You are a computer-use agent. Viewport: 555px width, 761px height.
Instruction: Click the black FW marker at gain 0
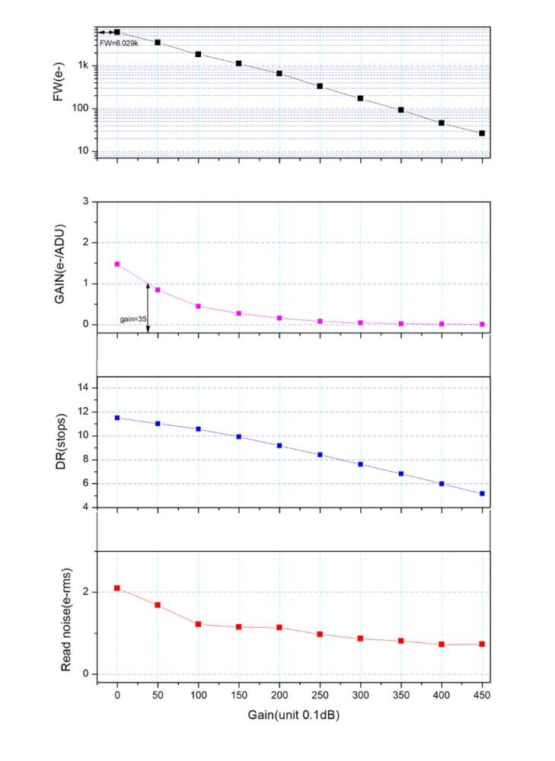pos(117,32)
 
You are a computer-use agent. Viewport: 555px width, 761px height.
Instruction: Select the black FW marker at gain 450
pos(482,133)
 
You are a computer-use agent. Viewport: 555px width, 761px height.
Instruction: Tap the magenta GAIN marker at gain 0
pos(117,264)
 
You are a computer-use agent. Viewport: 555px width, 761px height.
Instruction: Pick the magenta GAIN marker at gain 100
pos(198,307)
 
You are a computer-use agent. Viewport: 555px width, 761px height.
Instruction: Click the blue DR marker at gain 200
pos(279,446)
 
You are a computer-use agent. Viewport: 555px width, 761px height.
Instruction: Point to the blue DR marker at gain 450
pos(482,494)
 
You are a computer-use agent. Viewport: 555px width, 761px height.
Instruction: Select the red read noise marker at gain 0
pos(117,588)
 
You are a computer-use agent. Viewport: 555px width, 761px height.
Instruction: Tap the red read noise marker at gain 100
pos(198,624)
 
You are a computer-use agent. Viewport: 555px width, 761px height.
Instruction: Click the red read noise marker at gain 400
pos(442,645)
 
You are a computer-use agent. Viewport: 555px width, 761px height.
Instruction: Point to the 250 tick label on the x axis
pos(320,695)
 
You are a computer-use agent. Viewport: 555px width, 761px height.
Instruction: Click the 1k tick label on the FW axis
pos(82,65)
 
